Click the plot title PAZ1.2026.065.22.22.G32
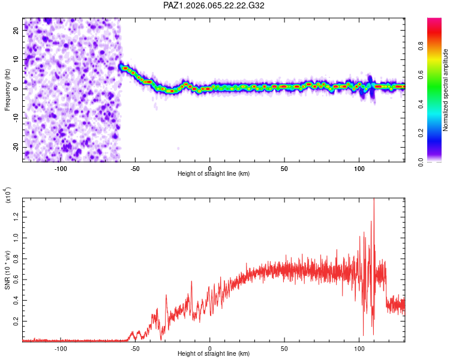(214, 5)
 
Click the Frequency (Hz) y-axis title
(8, 89)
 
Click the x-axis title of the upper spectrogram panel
(214, 173)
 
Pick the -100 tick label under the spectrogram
(61, 167)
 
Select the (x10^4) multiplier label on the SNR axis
(8, 196)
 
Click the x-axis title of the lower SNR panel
(214, 354)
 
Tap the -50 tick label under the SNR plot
(135, 348)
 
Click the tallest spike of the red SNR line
(374, 200)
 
